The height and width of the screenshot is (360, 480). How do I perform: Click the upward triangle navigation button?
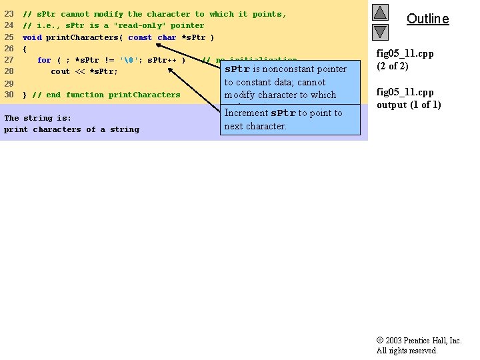point(380,13)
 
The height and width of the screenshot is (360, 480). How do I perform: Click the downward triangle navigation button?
point(380,31)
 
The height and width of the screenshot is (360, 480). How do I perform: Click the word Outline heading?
point(427,19)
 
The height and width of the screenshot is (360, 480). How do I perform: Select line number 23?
point(9,14)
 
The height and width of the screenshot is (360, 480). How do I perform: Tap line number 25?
point(9,37)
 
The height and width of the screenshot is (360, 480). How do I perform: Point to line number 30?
point(9,95)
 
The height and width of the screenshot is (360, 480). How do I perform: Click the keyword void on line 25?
point(31,37)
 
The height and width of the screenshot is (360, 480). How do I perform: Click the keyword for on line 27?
point(44,60)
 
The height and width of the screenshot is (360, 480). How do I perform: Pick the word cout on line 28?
point(60,71)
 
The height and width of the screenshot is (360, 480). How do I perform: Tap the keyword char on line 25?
point(167,37)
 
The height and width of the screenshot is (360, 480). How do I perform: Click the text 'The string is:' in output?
point(37,118)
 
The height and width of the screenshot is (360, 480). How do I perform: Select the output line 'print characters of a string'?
point(71,129)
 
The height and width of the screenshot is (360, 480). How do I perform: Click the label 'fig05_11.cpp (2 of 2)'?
point(405,60)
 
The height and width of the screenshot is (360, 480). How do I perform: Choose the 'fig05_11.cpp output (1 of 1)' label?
point(409,99)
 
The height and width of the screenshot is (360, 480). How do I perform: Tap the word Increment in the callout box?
point(246,113)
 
